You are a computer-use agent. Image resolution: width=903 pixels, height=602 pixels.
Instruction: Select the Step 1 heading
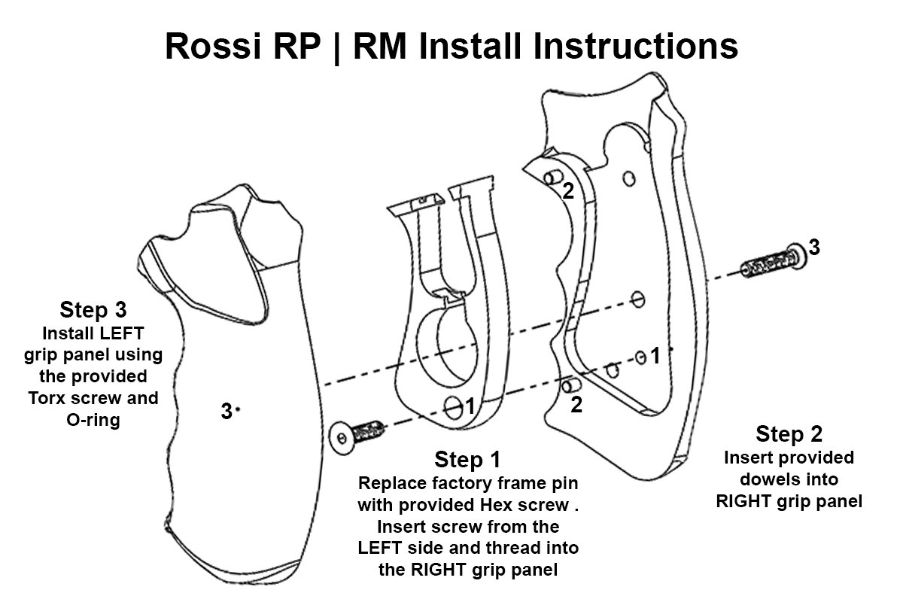(x=467, y=459)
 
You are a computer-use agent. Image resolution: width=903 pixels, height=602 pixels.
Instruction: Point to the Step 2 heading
(x=789, y=434)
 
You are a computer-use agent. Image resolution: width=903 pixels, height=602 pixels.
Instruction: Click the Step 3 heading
(x=93, y=309)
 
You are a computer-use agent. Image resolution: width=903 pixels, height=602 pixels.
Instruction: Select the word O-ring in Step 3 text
(x=93, y=419)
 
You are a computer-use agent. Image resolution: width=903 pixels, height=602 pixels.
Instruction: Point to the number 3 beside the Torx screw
(x=814, y=247)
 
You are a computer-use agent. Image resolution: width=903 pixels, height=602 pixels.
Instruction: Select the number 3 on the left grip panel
(x=225, y=412)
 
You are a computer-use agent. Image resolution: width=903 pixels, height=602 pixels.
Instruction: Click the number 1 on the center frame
(x=470, y=406)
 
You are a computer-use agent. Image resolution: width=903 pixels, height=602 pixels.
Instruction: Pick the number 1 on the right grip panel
(x=655, y=356)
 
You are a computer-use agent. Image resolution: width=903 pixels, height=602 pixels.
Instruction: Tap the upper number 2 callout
(x=568, y=191)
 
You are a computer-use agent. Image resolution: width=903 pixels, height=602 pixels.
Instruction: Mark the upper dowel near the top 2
(x=552, y=175)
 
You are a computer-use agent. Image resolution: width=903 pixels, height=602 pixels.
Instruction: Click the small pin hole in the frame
(x=454, y=407)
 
